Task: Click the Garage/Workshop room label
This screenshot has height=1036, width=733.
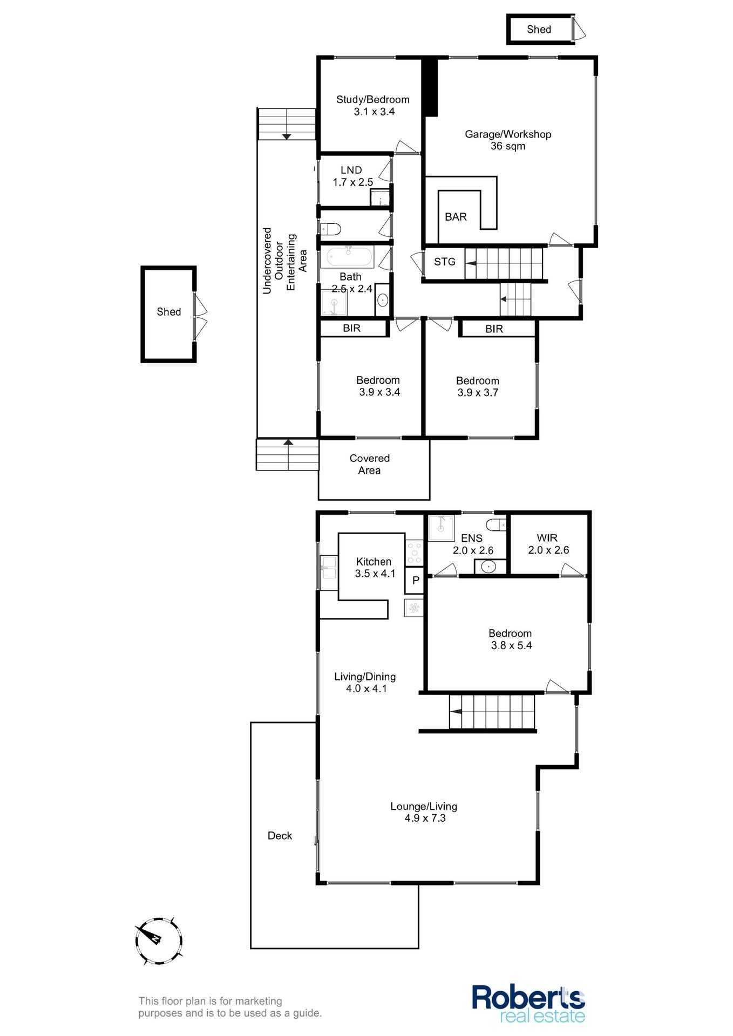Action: [x=508, y=140]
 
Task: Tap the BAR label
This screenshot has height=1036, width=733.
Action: [x=456, y=217]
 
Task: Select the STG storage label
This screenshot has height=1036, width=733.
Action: [x=445, y=262]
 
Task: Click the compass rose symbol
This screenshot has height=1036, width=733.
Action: [x=159, y=940]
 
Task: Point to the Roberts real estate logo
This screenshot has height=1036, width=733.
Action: [x=528, y=1004]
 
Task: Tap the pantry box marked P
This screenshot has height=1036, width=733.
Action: [x=415, y=581]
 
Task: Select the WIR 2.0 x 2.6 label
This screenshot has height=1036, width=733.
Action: [x=548, y=544]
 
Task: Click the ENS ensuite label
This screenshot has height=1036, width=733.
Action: [x=472, y=538]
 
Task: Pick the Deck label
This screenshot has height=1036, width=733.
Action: [x=280, y=836]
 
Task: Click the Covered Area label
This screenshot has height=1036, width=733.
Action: [x=370, y=464]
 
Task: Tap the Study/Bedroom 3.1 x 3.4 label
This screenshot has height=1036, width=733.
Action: [x=373, y=105]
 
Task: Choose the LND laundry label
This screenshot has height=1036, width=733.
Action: [x=351, y=170]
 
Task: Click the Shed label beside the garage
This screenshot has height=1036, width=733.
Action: [x=539, y=30]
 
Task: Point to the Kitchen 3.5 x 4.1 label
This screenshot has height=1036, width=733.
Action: [x=374, y=568]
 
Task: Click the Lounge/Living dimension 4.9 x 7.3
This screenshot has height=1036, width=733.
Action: [x=425, y=818]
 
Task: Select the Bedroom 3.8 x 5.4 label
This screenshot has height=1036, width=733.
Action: [x=511, y=639]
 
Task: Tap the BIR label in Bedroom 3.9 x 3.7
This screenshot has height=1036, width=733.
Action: [x=494, y=329]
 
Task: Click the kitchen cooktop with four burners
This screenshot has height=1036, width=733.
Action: [x=415, y=553]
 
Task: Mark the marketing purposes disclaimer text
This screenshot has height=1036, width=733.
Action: [x=230, y=1007]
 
